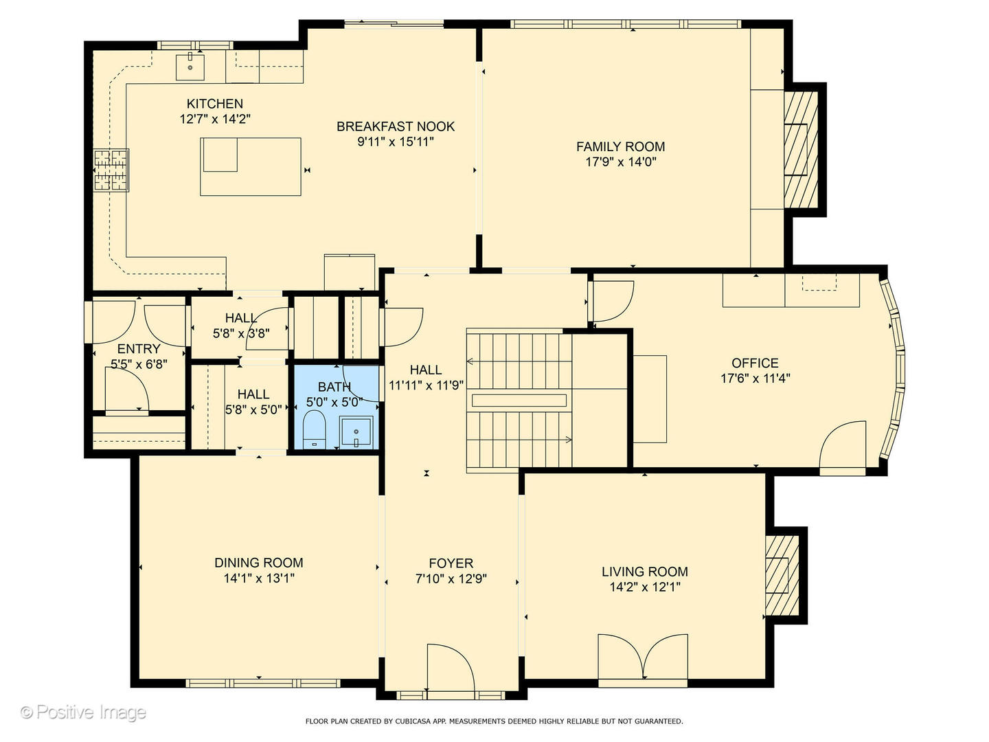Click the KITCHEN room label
point(215,104)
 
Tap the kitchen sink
point(190,67)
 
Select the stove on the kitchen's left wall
point(111,170)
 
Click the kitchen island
point(251,166)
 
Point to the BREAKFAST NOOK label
point(396,126)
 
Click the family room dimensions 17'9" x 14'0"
point(620,162)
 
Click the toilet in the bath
point(315,429)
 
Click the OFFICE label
point(755,363)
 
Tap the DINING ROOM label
point(259,563)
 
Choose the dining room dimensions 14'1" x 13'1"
point(259,578)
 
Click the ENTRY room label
point(139,349)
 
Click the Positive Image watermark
point(83,712)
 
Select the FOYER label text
point(451,563)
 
